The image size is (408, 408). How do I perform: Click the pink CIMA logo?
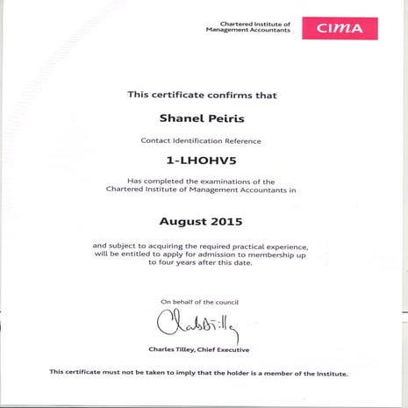tap(340, 28)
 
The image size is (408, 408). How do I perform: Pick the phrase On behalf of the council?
tap(199, 302)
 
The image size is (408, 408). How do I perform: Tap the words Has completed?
tap(147, 180)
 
